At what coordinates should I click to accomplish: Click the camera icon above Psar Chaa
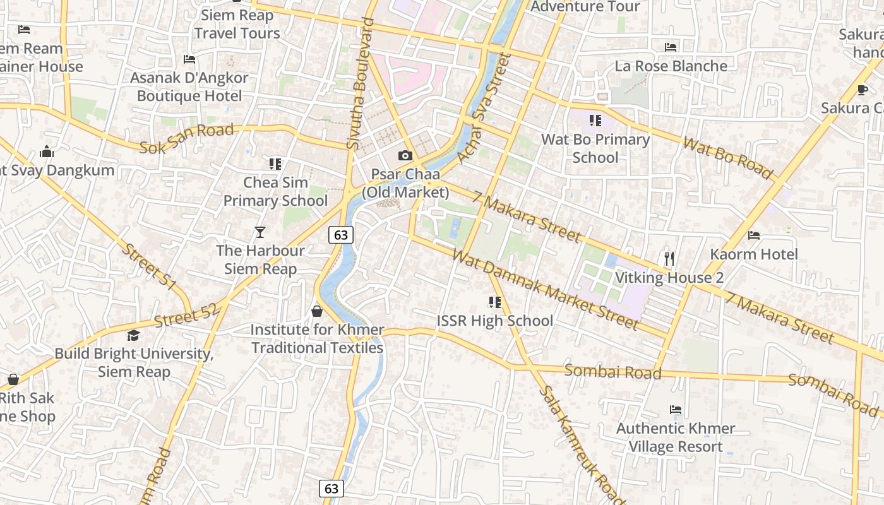point(405,155)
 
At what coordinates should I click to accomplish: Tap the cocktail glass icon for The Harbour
point(260,232)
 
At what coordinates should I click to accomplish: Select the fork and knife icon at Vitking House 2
point(669,258)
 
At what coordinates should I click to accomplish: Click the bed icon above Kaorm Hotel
point(753,235)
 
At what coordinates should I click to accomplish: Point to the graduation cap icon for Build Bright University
point(133,335)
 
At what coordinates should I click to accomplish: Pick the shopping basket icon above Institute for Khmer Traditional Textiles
point(317,311)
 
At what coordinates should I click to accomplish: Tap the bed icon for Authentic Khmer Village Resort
point(676,410)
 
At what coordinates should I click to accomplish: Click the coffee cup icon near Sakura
point(863,90)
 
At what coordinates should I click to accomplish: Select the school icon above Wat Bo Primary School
point(595,120)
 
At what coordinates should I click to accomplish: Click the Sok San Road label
point(186,139)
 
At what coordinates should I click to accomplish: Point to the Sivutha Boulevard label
point(362,83)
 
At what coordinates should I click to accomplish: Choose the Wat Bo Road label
point(728,158)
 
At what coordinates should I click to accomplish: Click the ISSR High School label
point(495,321)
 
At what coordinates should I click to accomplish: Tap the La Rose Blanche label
point(671,66)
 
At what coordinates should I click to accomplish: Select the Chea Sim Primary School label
point(276,191)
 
